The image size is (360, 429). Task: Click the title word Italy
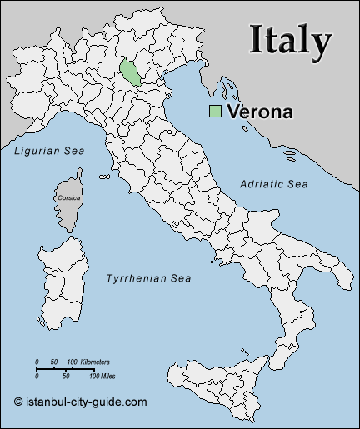291,39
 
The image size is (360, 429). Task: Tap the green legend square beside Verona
216,112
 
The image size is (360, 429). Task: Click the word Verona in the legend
259,112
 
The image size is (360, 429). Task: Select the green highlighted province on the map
131,72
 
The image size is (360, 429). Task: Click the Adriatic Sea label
273,183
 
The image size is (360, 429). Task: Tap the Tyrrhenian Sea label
148,278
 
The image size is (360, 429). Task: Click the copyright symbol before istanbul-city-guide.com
18,402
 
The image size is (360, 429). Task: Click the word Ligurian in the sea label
35,151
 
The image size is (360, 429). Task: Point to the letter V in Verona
233,112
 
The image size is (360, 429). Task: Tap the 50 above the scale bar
53,362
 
